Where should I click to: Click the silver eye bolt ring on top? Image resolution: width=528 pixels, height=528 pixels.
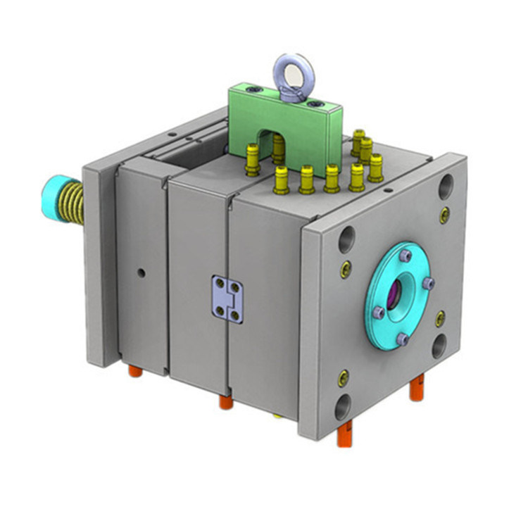point(285,68)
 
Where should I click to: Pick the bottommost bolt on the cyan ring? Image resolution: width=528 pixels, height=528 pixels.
point(403,339)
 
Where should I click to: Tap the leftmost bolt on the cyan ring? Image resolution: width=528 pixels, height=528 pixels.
point(377,310)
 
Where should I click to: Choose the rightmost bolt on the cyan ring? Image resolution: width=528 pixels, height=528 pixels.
point(429,284)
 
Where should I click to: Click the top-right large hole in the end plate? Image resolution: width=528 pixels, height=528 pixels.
point(447,187)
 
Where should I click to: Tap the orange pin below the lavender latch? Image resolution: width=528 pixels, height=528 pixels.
point(225,402)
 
